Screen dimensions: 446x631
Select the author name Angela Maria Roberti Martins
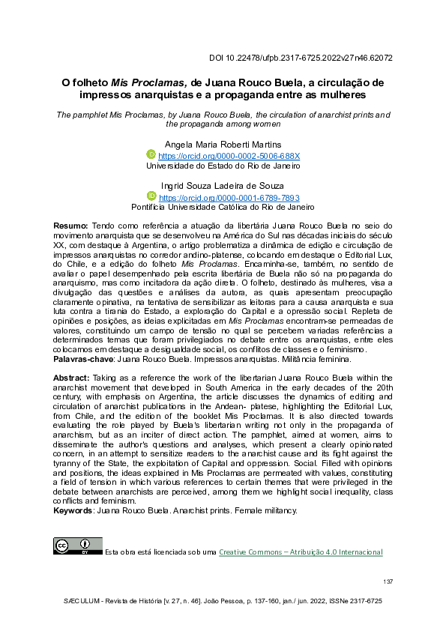pyautogui.click(x=223, y=144)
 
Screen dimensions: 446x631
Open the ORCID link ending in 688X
pyautogui.click(x=229, y=156)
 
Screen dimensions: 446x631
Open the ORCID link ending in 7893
pyautogui.click(x=229, y=197)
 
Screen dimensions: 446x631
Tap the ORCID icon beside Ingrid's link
pyautogui.click(x=152, y=196)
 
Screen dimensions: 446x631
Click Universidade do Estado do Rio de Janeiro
pyautogui.click(x=223, y=166)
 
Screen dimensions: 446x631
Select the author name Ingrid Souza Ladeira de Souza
pyautogui.click(x=223, y=186)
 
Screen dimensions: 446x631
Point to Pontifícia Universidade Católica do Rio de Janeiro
pyautogui.click(x=223, y=208)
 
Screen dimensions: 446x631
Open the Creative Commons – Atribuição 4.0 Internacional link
pyautogui.click(x=301, y=552)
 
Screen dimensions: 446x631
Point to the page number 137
pyautogui.click(x=388, y=582)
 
